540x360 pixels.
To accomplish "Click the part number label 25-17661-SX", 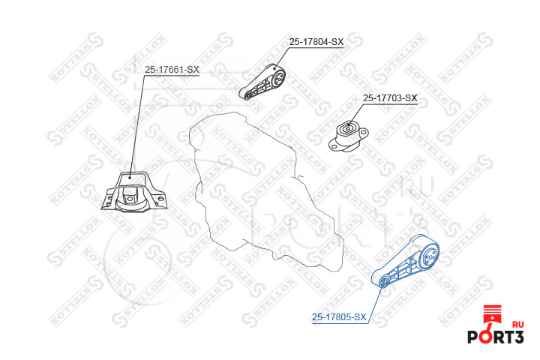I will tap(172, 70).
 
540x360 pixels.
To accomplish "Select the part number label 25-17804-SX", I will tap(316, 42).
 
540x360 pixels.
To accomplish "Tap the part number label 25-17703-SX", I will tap(389, 98).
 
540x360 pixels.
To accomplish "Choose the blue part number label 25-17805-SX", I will tap(339, 317).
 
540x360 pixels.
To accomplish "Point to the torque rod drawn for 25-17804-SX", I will tap(265, 82).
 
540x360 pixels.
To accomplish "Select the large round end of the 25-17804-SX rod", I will tap(277, 76).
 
